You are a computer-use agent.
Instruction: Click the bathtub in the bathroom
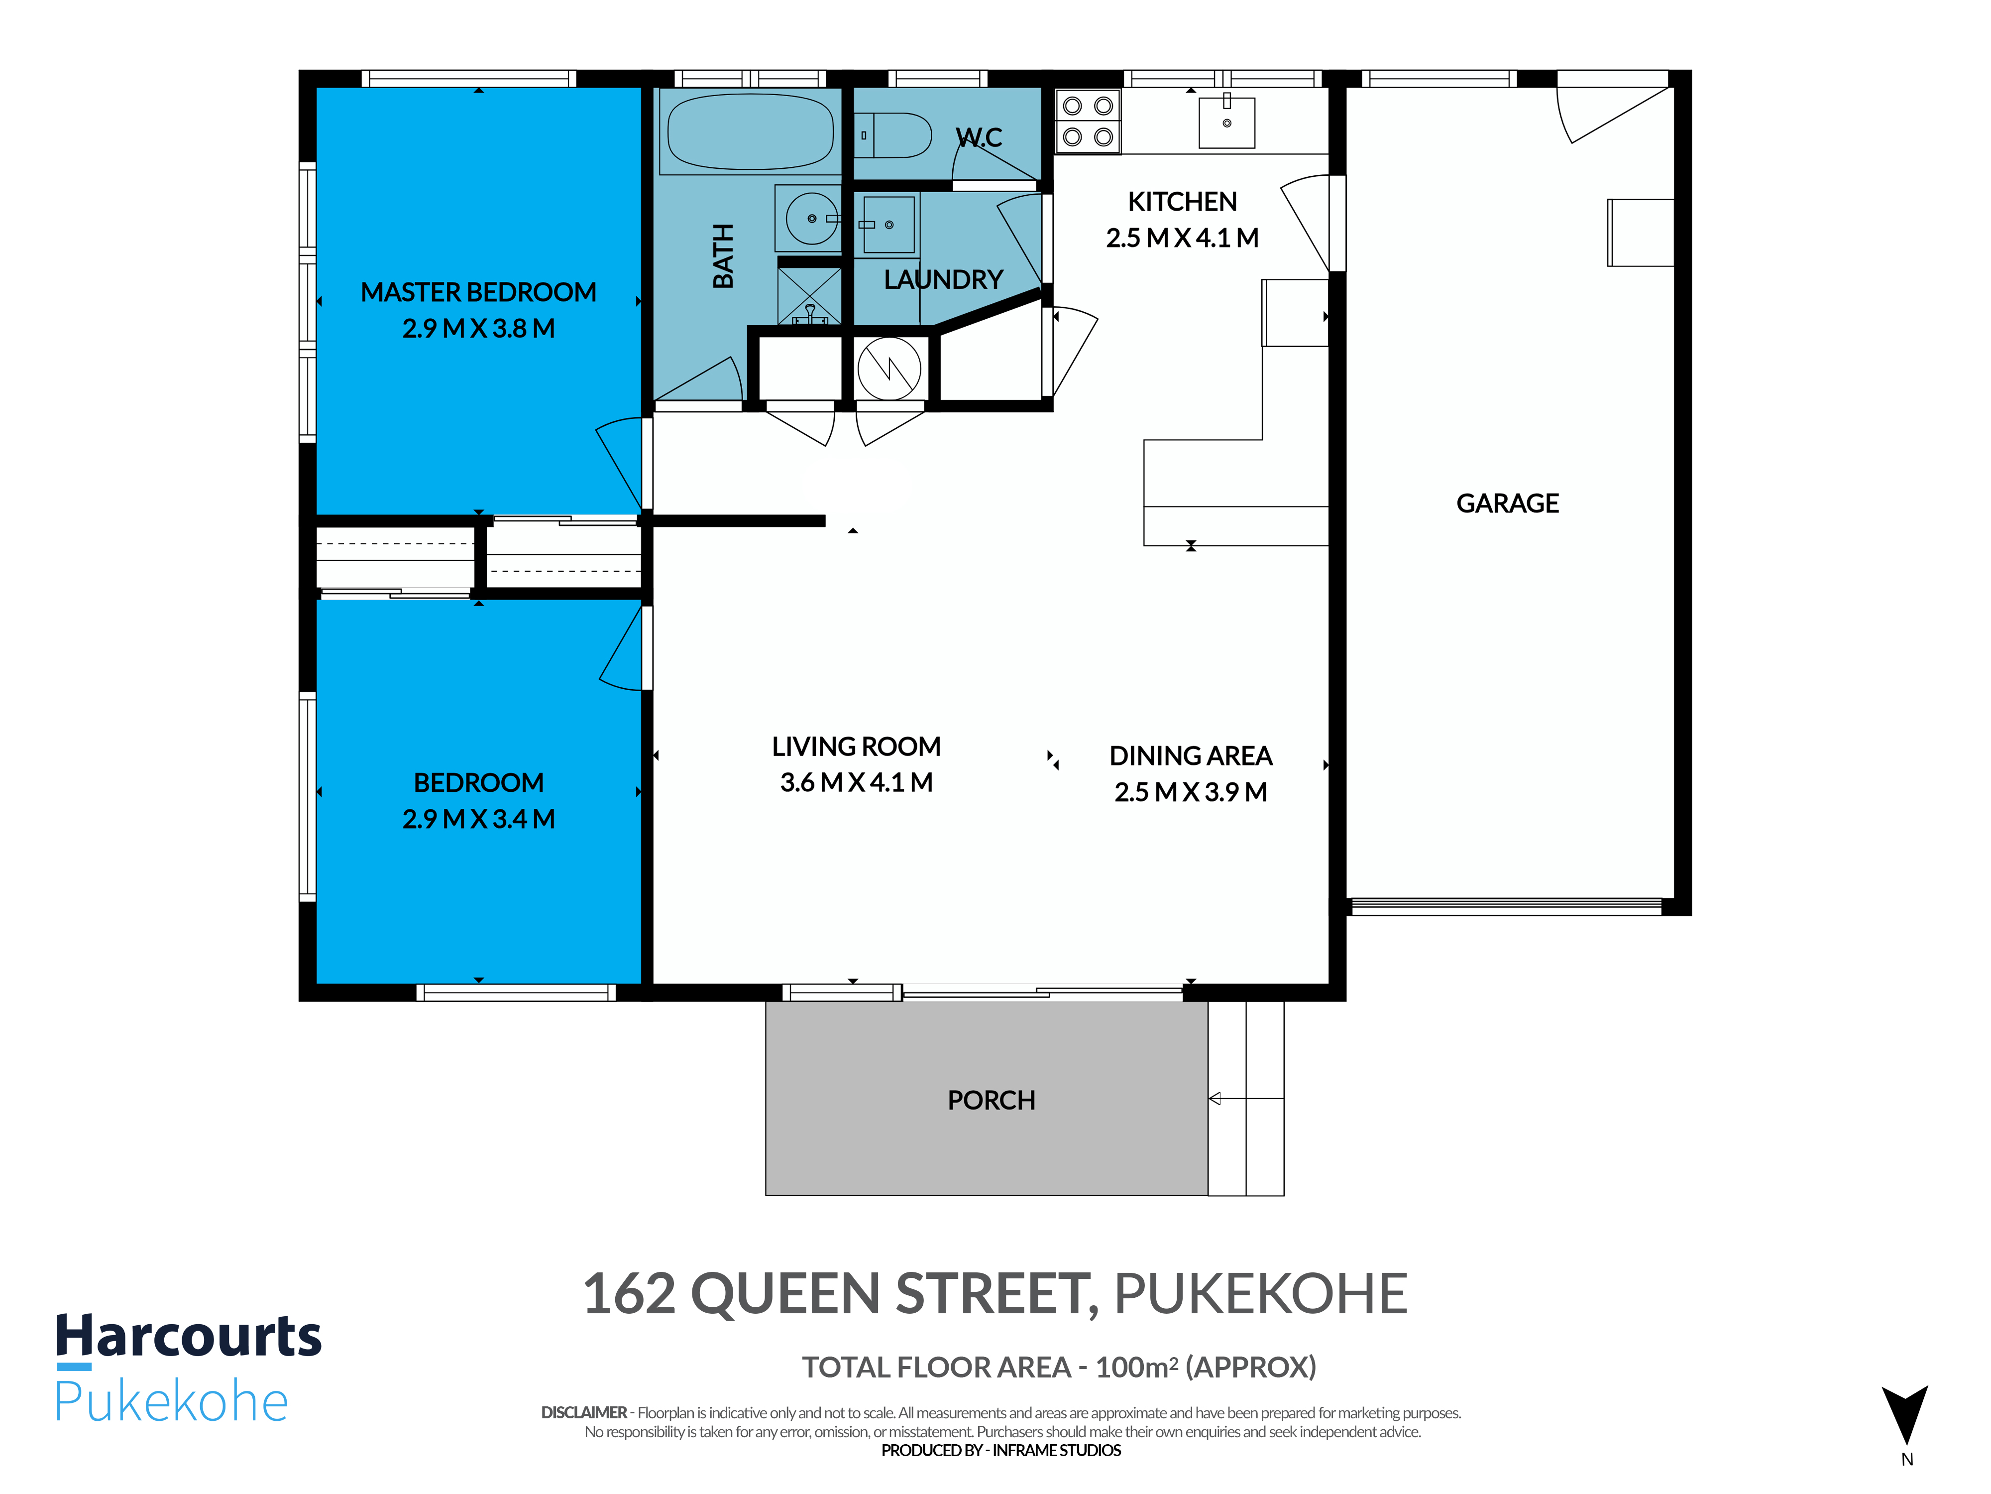(750, 131)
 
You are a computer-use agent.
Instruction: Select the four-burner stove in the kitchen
(1087, 121)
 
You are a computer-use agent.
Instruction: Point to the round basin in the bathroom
(811, 218)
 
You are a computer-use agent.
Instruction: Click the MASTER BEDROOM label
(478, 292)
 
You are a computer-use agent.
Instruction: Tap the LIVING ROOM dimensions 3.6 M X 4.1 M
(856, 782)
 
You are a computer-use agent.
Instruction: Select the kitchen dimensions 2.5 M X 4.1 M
(1182, 238)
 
